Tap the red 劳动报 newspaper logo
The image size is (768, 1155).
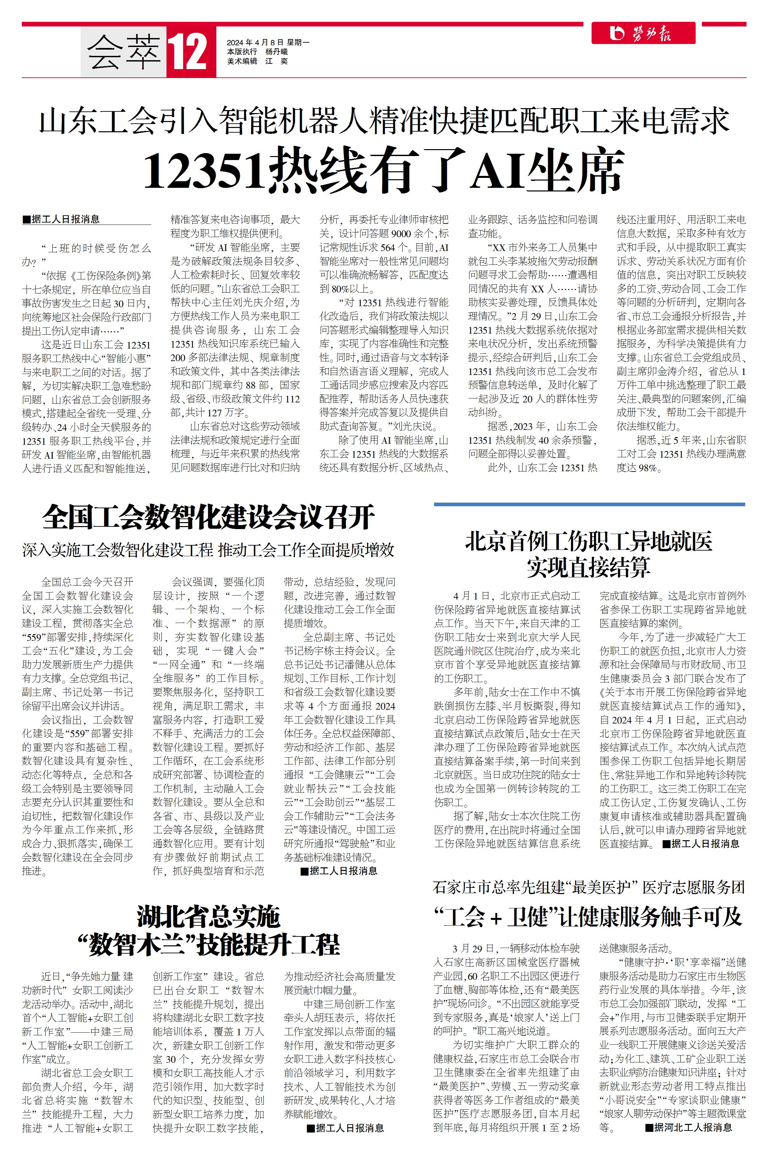(642, 33)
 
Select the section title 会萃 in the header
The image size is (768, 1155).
(124, 52)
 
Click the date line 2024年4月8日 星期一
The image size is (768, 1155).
(268, 43)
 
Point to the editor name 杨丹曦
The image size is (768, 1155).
(277, 52)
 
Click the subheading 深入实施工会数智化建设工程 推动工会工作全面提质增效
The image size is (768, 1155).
(208, 550)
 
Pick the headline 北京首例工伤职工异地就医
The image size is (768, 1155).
(588, 541)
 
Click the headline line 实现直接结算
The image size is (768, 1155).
(588, 567)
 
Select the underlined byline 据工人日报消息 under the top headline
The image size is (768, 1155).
(61, 219)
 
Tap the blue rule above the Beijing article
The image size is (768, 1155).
(589, 504)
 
